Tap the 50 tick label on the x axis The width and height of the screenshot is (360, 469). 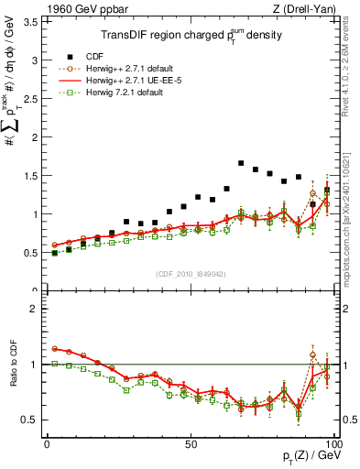190,443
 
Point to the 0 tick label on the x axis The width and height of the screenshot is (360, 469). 48,443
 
